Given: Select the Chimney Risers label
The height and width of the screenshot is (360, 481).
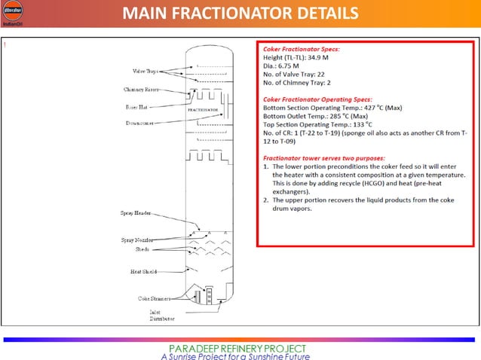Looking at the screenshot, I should tap(141, 89).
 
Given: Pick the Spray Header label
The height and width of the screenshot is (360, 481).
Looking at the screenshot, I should tap(136, 214).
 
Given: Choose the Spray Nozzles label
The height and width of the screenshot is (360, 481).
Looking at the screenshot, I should tap(136, 239).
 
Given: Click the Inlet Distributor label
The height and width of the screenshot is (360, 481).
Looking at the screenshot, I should tap(160, 316).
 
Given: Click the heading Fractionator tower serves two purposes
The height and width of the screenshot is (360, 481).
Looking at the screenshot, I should tap(323, 159).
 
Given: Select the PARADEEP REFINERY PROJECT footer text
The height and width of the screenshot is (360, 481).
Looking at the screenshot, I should tap(237, 348).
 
